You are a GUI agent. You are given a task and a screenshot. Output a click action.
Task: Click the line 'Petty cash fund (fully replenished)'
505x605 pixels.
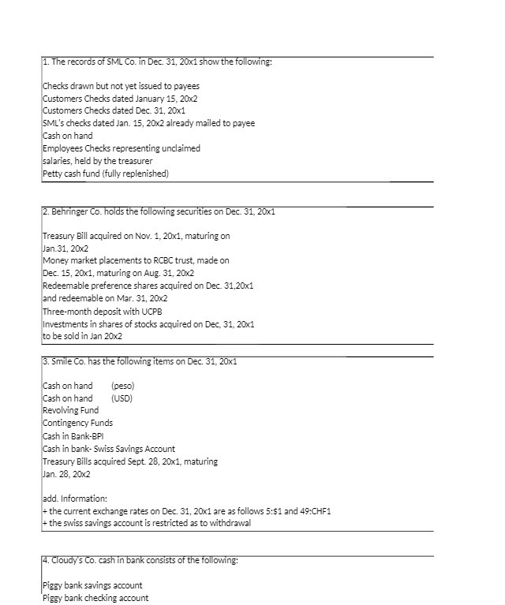tap(105, 174)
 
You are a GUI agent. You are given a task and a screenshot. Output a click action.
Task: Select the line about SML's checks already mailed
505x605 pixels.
tap(148, 123)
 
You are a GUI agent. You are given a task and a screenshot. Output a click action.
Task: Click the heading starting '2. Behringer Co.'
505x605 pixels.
tap(157, 213)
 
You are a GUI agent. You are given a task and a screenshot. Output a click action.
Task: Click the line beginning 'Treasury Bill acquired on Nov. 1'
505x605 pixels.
tap(135, 236)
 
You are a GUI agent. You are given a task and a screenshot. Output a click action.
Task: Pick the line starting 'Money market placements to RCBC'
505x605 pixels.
tap(135, 260)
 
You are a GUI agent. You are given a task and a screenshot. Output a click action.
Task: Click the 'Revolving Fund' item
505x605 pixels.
tap(70, 410)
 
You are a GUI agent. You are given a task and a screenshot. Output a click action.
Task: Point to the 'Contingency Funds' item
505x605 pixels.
tap(77, 423)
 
